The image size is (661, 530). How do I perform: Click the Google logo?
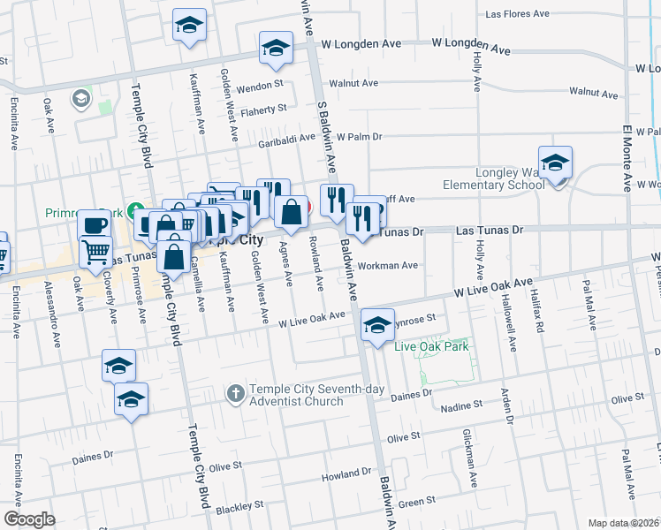29,519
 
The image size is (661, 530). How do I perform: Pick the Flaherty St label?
264,109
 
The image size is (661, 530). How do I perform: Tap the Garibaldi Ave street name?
286,139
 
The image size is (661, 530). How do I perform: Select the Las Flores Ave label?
519,15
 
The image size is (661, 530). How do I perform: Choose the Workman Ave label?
387,265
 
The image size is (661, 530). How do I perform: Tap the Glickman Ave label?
470,467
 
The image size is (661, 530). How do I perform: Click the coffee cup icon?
94,224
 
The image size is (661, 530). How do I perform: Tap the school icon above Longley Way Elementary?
555,162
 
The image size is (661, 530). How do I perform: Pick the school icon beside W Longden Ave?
276,49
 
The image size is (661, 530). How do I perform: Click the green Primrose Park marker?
134,212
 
